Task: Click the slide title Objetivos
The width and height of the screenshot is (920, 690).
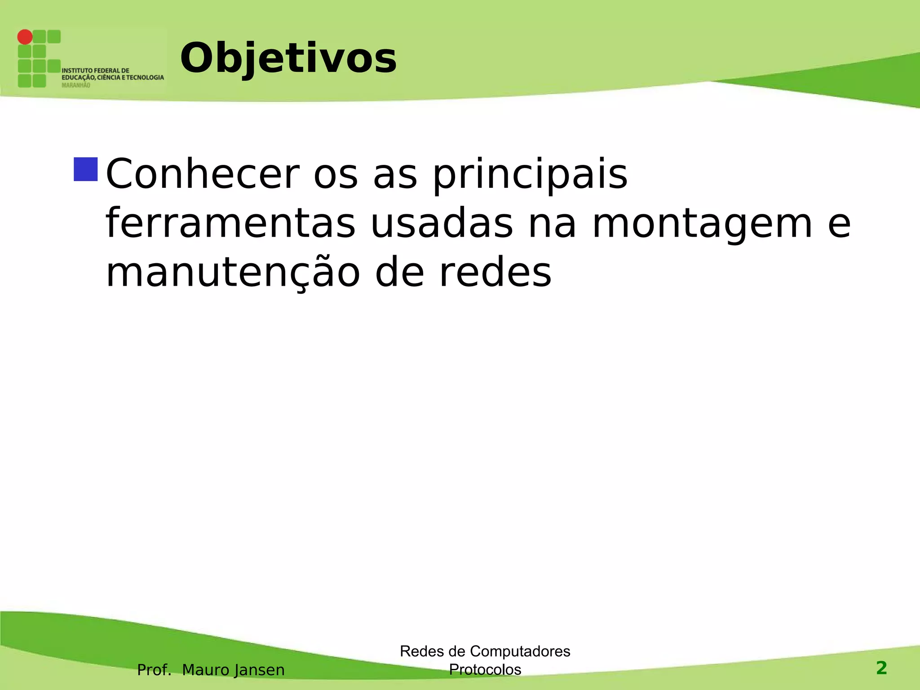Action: coord(288,58)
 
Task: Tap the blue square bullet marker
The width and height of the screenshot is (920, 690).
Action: coord(85,169)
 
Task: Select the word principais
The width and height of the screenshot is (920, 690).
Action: coord(530,175)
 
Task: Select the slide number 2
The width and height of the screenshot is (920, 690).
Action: coord(881,668)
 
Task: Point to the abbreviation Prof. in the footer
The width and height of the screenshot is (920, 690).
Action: coord(154,670)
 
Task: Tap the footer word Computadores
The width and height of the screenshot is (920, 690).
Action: coord(520,651)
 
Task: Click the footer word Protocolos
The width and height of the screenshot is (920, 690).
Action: coord(485,669)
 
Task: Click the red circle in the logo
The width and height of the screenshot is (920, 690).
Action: coord(25,37)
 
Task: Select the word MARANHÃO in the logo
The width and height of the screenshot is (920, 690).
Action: coord(75,85)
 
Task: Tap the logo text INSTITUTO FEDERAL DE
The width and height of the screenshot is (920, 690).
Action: coord(95,71)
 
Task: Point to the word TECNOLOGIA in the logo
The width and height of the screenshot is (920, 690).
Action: coord(145,78)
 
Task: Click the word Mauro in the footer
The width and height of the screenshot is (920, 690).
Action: coord(205,670)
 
